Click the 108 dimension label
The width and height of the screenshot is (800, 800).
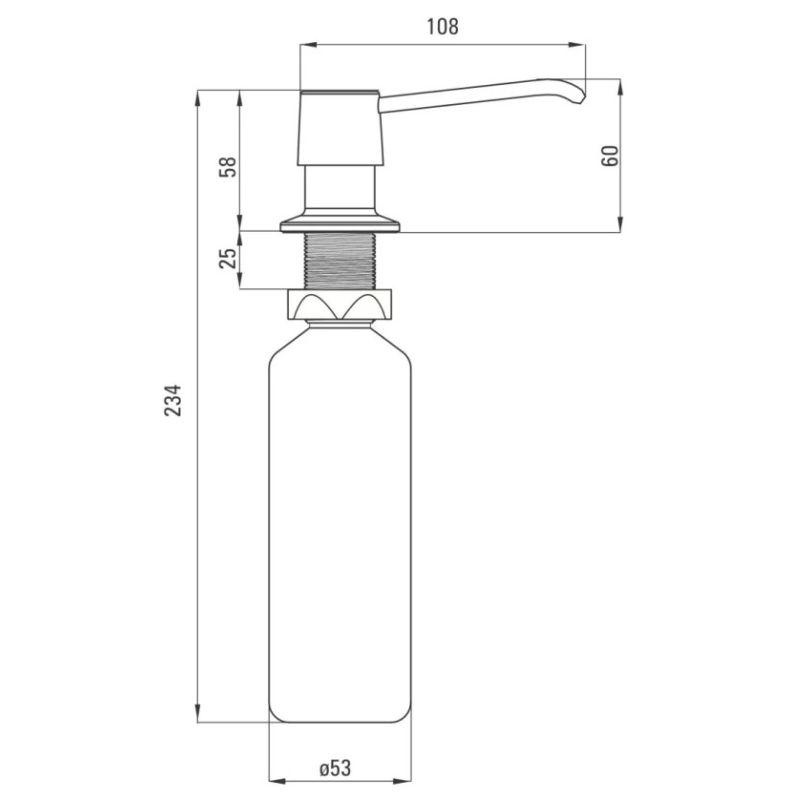point(442,27)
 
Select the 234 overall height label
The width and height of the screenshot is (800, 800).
point(172,401)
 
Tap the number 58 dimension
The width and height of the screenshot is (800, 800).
point(228,166)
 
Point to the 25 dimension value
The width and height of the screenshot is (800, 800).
point(228,258)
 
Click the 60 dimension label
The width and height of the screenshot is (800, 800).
point(610,156)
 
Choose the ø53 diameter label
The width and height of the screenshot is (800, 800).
point(335,768)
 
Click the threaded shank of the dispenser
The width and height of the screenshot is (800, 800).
point(340,261)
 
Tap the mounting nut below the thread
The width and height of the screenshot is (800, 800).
point(340,305)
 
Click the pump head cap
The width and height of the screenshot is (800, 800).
point(340,128)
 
